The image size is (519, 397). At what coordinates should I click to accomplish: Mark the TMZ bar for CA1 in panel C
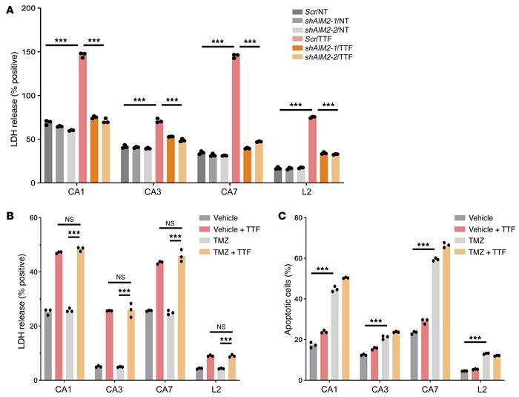(x=335, y=335)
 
